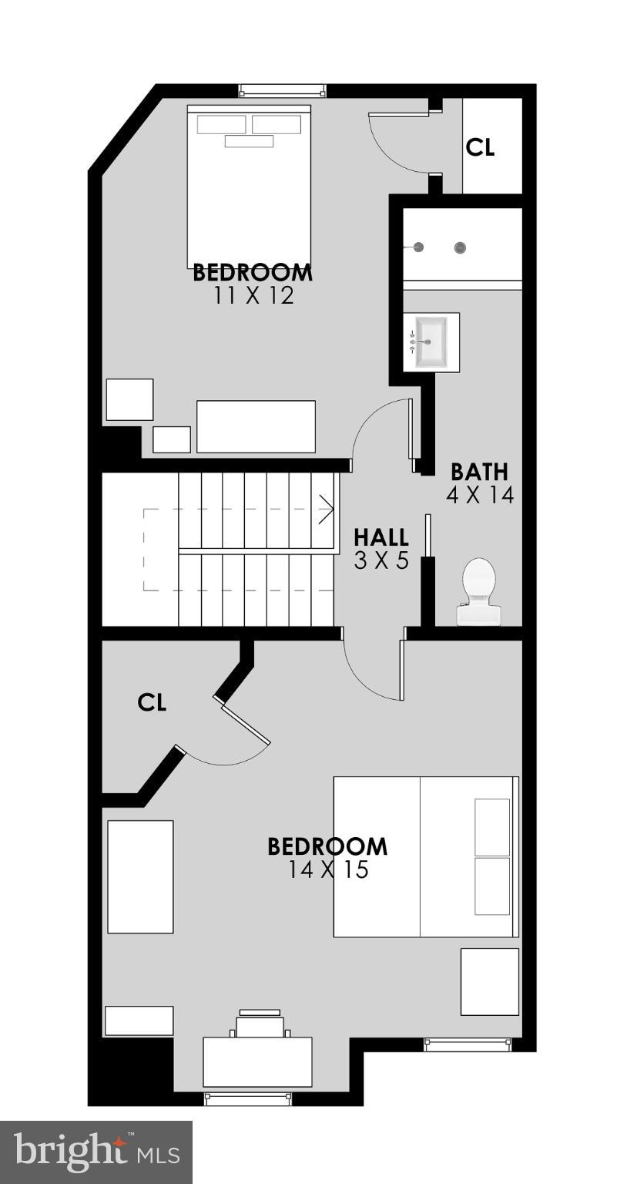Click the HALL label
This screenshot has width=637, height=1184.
381,537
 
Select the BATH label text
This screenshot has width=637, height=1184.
479,471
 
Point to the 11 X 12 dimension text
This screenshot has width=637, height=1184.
254,296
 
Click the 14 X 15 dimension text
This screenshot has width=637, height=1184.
328,870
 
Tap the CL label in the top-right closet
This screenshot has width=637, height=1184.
480,147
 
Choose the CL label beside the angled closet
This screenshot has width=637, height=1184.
152,702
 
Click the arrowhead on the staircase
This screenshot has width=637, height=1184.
327,509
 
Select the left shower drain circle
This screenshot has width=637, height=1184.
419,247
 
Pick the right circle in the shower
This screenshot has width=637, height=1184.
461,247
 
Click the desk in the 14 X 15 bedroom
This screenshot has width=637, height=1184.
257,1061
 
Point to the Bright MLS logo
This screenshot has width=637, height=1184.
96,1152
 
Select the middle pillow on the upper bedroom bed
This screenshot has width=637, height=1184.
249,141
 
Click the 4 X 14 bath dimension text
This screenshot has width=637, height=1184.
479,495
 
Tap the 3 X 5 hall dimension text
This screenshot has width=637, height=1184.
381,561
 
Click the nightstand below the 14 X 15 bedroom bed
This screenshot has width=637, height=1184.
489,981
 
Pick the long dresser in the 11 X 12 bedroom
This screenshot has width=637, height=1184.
256,426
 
